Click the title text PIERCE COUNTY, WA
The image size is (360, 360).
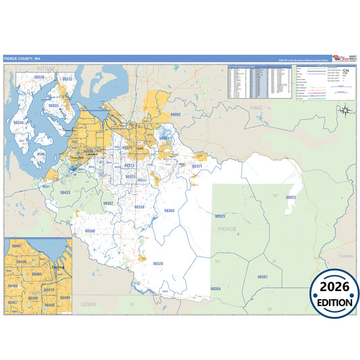21,58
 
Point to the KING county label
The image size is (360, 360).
255,108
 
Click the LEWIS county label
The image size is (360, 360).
88,305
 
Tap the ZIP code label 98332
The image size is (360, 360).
67,79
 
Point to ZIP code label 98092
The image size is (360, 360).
176,115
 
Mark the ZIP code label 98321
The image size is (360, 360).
197,165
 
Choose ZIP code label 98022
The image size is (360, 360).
290,197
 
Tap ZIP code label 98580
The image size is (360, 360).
89,231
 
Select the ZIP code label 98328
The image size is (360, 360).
157,263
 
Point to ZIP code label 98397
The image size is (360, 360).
263,277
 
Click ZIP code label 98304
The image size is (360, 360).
215,289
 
